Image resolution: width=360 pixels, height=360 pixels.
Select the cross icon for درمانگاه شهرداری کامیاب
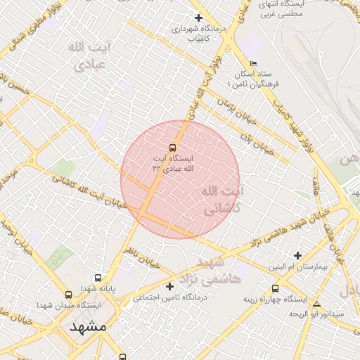(199, 18)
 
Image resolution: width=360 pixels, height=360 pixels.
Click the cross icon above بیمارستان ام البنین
(298, 255)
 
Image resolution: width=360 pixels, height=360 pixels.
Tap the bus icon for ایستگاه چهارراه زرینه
(274, 287)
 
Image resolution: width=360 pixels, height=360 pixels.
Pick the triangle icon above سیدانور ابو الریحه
(317, 304)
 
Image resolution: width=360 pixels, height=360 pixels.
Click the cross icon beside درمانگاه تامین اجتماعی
(169, 286)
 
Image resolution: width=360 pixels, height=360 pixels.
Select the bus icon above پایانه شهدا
(97, 278)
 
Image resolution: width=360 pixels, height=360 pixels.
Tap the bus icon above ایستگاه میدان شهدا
(68, 295)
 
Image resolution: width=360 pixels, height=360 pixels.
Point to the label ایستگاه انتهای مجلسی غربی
(281, 9)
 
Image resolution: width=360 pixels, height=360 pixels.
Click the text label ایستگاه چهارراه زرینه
(274, 299)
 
